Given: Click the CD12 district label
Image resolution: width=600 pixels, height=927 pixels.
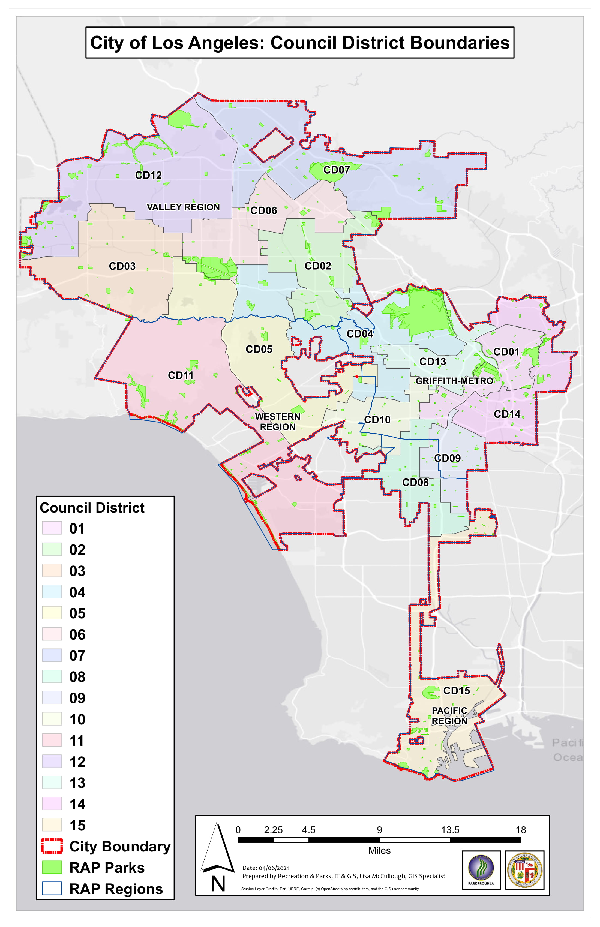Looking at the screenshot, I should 148,175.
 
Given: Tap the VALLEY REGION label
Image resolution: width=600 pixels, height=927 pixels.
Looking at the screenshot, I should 183,207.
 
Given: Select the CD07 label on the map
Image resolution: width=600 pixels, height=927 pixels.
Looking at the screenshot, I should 336,170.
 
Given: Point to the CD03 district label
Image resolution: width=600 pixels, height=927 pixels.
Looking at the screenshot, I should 122,266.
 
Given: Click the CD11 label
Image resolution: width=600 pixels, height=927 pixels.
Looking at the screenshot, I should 180,375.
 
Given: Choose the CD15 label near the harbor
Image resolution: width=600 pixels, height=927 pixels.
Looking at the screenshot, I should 456,691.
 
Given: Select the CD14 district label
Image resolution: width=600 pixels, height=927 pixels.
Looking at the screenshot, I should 507,414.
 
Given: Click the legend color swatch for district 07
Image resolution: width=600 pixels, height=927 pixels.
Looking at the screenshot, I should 52,655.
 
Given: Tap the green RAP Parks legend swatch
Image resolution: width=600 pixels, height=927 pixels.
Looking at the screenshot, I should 52,867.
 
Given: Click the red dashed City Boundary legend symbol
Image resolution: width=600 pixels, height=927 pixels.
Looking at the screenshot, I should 52,846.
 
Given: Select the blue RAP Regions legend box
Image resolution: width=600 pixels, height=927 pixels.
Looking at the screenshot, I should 52,889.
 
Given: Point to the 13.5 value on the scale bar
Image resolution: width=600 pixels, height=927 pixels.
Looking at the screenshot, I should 450,830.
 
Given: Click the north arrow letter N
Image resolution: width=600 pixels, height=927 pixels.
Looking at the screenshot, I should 218,884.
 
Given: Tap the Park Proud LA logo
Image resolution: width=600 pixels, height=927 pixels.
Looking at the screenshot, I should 481,870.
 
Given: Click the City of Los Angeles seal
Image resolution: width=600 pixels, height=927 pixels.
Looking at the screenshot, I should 524,870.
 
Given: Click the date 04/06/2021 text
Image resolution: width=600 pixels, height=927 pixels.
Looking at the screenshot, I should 274,868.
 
